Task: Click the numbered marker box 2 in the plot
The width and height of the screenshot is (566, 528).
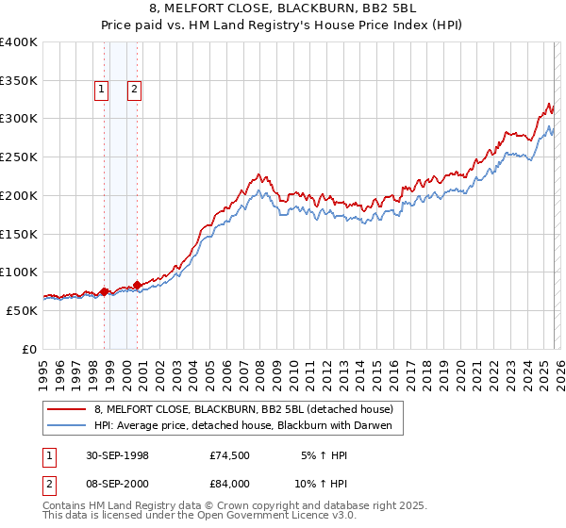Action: click(x=135, y=90)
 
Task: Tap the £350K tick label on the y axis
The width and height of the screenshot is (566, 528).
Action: click(x=19, y=80)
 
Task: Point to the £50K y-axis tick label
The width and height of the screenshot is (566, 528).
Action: click(x=22, y=310)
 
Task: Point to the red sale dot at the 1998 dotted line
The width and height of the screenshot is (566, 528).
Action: click(x=105, y=291)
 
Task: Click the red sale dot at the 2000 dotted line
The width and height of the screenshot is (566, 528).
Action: click(x=137, y=284)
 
